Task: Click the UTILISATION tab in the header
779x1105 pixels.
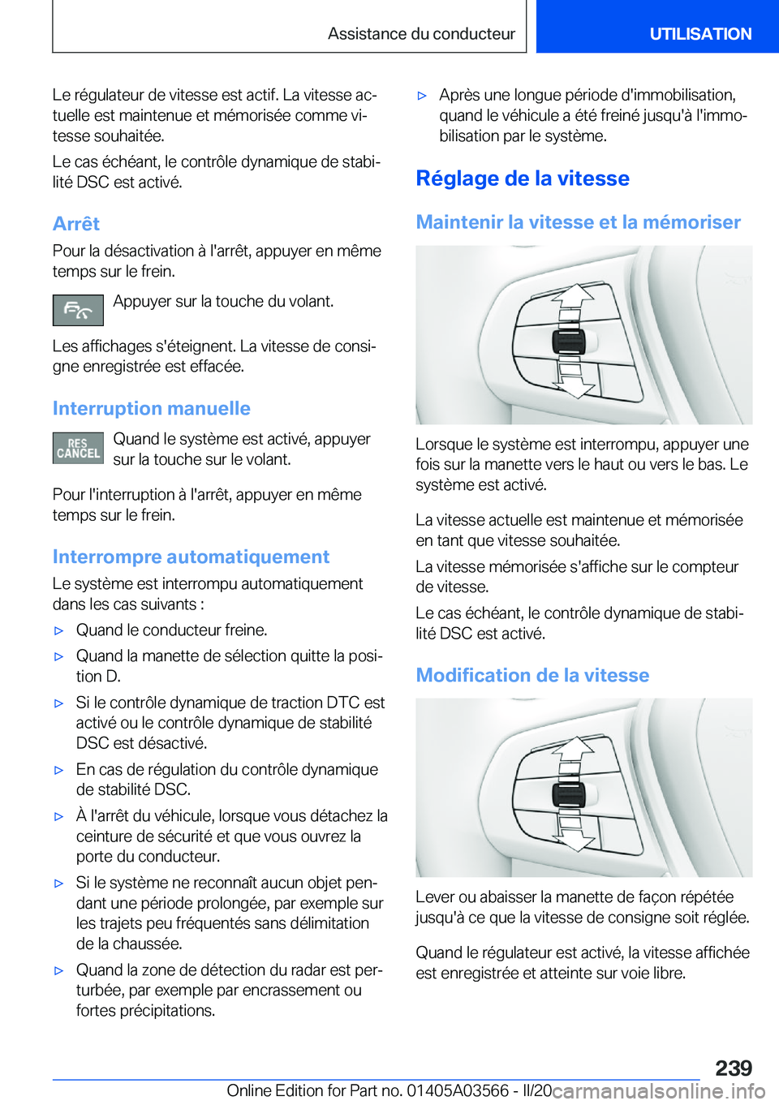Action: [699, 34]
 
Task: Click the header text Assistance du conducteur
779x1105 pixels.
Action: [421, 34]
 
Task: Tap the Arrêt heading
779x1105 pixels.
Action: [76, 224]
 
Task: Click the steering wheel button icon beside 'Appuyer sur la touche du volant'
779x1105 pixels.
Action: [78, 310]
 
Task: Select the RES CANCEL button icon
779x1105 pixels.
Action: [78, 448]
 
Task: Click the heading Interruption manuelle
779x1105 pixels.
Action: [151, 408]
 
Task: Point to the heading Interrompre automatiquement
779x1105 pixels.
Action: [191, 557]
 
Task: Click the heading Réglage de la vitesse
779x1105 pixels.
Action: [523, 178]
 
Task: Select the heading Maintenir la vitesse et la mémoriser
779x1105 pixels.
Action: [578, 222]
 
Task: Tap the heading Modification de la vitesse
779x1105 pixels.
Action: [532, 675]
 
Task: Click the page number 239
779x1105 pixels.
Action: [734, 1068]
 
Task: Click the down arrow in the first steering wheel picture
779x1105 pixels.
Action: [574, 379]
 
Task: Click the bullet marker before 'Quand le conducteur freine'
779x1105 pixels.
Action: [58, 630]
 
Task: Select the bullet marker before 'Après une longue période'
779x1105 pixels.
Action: [422, 96]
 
